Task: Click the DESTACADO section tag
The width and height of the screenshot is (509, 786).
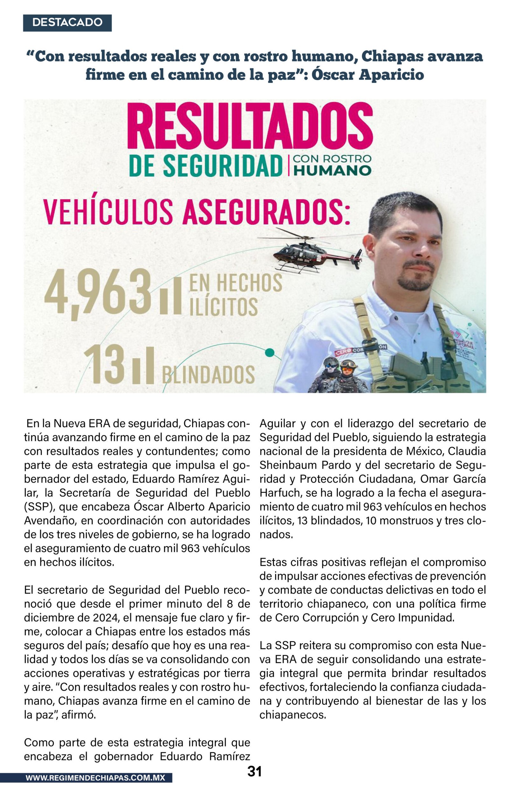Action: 67,23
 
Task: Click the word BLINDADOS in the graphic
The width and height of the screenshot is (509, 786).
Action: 208,374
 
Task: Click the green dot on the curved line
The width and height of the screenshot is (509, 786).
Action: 270,352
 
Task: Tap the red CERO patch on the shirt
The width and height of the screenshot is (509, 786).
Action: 343,353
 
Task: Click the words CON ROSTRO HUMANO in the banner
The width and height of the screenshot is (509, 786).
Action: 332,164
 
